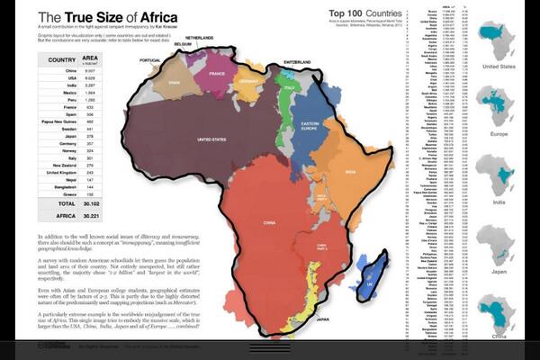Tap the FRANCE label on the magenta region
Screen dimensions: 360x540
tap(216, 76)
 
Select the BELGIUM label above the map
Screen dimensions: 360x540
tap(184, 43)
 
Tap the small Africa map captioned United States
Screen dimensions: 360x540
tap(502, 40)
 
